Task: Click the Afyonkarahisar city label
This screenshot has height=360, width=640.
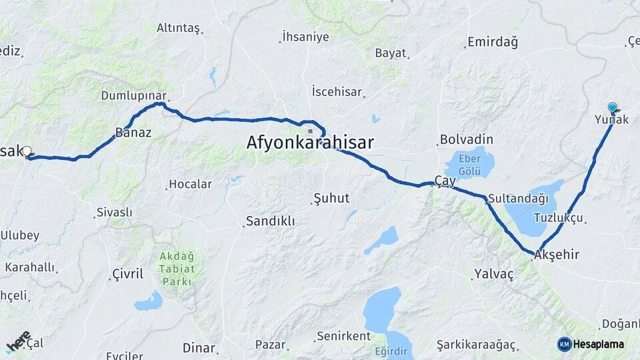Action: [310, 143]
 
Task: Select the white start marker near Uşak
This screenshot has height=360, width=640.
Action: [27, 152]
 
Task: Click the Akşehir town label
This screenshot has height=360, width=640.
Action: [557, 255]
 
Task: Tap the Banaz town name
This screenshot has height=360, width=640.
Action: [133, 132]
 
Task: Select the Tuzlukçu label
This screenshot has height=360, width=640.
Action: [559, 218]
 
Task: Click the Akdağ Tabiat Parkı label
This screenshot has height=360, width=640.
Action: [177, 269]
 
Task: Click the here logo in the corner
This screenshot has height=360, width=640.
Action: [18, 340]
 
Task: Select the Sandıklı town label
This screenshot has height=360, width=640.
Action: [270, 221]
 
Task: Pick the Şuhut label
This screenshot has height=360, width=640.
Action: [331, 198]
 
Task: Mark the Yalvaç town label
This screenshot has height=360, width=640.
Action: [494, 274]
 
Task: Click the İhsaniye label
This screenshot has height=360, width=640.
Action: [305, 37]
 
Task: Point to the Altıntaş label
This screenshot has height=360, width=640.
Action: [178, 28]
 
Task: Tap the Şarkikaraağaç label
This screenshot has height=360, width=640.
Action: [476, 345]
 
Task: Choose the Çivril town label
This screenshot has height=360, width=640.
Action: [127, 274]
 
